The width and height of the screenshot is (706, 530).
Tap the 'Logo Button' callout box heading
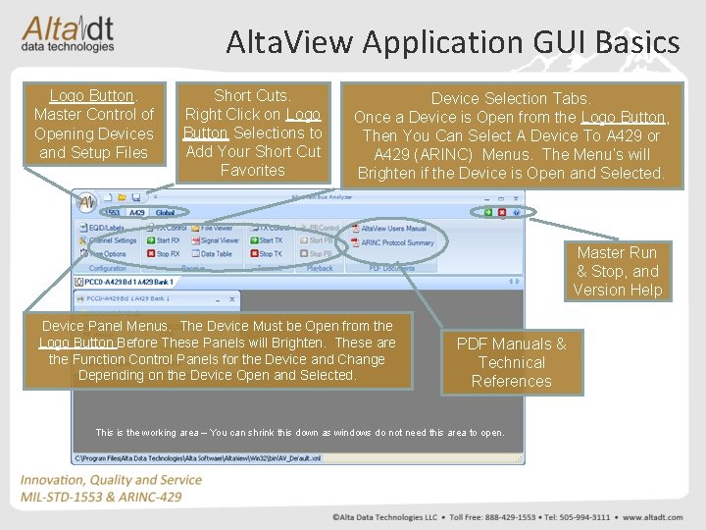91,96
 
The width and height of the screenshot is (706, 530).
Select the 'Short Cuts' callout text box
252,132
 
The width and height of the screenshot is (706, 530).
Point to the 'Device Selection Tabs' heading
510,98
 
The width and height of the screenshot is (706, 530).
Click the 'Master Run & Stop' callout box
618,271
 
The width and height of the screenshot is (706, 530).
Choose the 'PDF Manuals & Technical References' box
511,362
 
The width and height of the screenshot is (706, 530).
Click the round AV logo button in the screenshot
86,202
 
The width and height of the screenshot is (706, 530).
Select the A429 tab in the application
137,212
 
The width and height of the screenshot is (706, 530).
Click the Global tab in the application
166,212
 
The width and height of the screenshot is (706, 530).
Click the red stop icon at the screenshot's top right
502,212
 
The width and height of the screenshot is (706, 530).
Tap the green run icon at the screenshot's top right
486,212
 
